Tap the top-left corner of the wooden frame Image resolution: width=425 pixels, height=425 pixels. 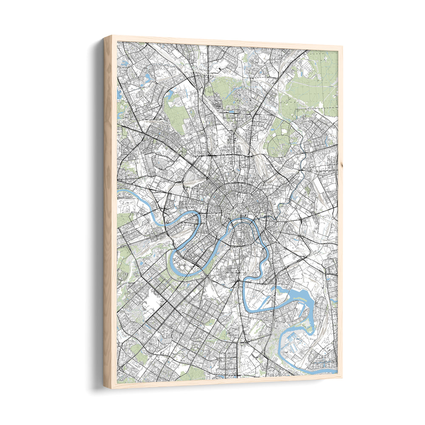[x=104, y=37]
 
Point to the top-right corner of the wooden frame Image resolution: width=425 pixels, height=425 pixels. [x=342, y=47]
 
